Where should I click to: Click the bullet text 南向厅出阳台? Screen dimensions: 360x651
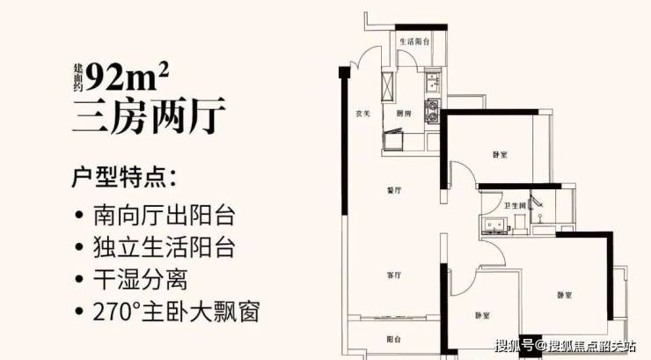point(166,215)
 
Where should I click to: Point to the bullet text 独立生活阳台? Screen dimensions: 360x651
point(166,247)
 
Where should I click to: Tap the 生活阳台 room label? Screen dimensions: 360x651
point(413,41)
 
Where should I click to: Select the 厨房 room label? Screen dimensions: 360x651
point(404,114)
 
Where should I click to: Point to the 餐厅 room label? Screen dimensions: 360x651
point(394,190)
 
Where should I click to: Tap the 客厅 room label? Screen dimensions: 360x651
point(394,276)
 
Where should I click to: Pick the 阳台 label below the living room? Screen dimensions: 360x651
point(394,339)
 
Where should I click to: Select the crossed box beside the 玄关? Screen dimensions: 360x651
point(388,82)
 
